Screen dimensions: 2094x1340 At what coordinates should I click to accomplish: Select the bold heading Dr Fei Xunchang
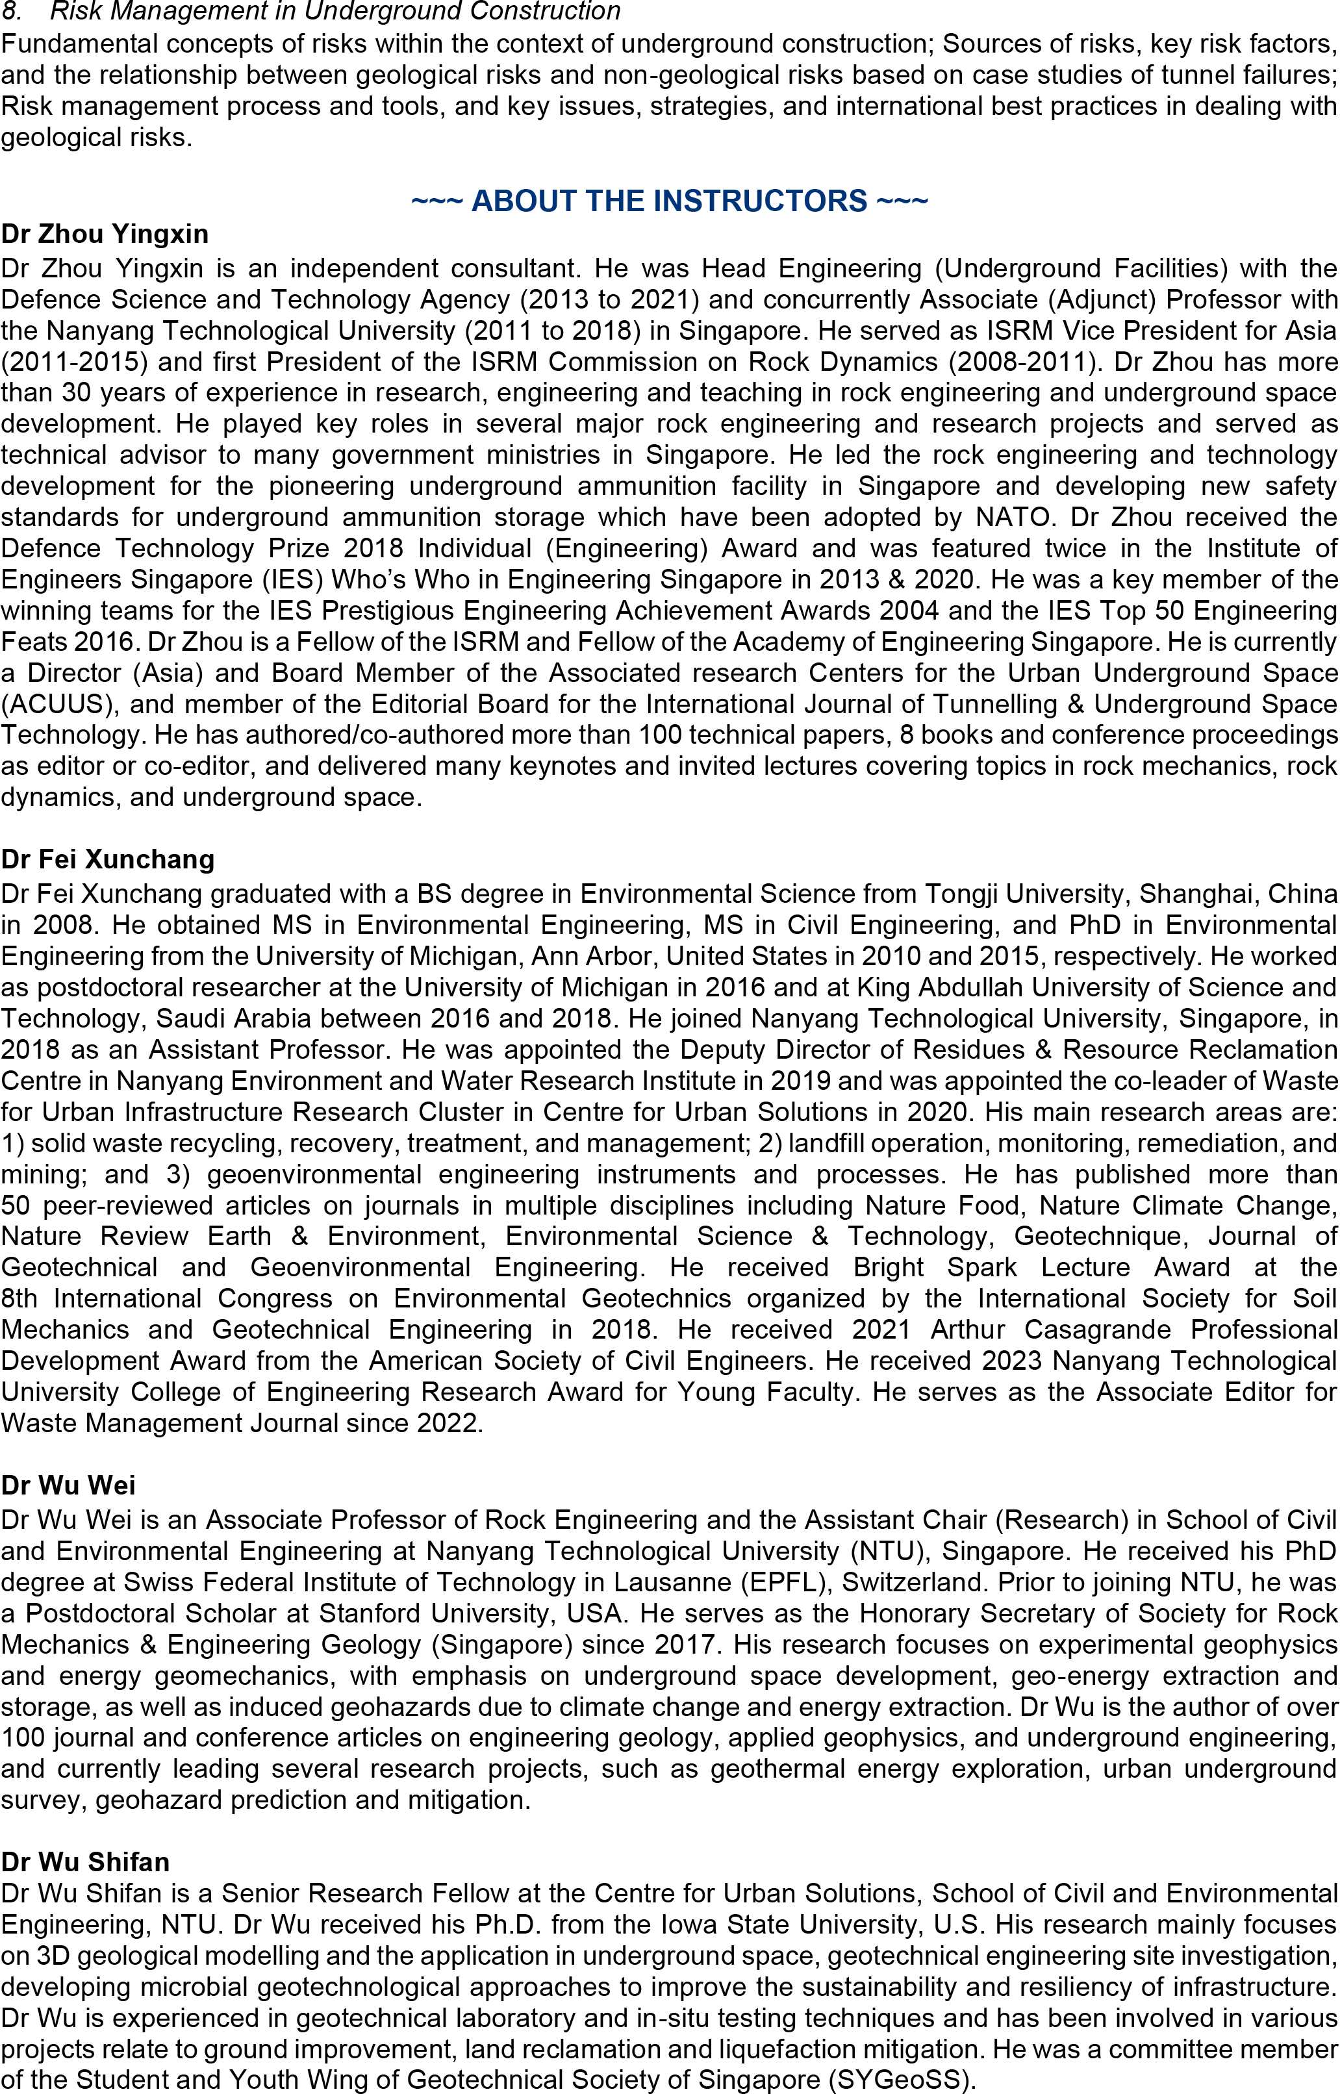(108, 859)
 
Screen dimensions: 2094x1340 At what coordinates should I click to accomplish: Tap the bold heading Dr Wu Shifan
(85, 1861)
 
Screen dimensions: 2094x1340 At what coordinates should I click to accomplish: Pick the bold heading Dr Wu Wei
(68, 1484)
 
